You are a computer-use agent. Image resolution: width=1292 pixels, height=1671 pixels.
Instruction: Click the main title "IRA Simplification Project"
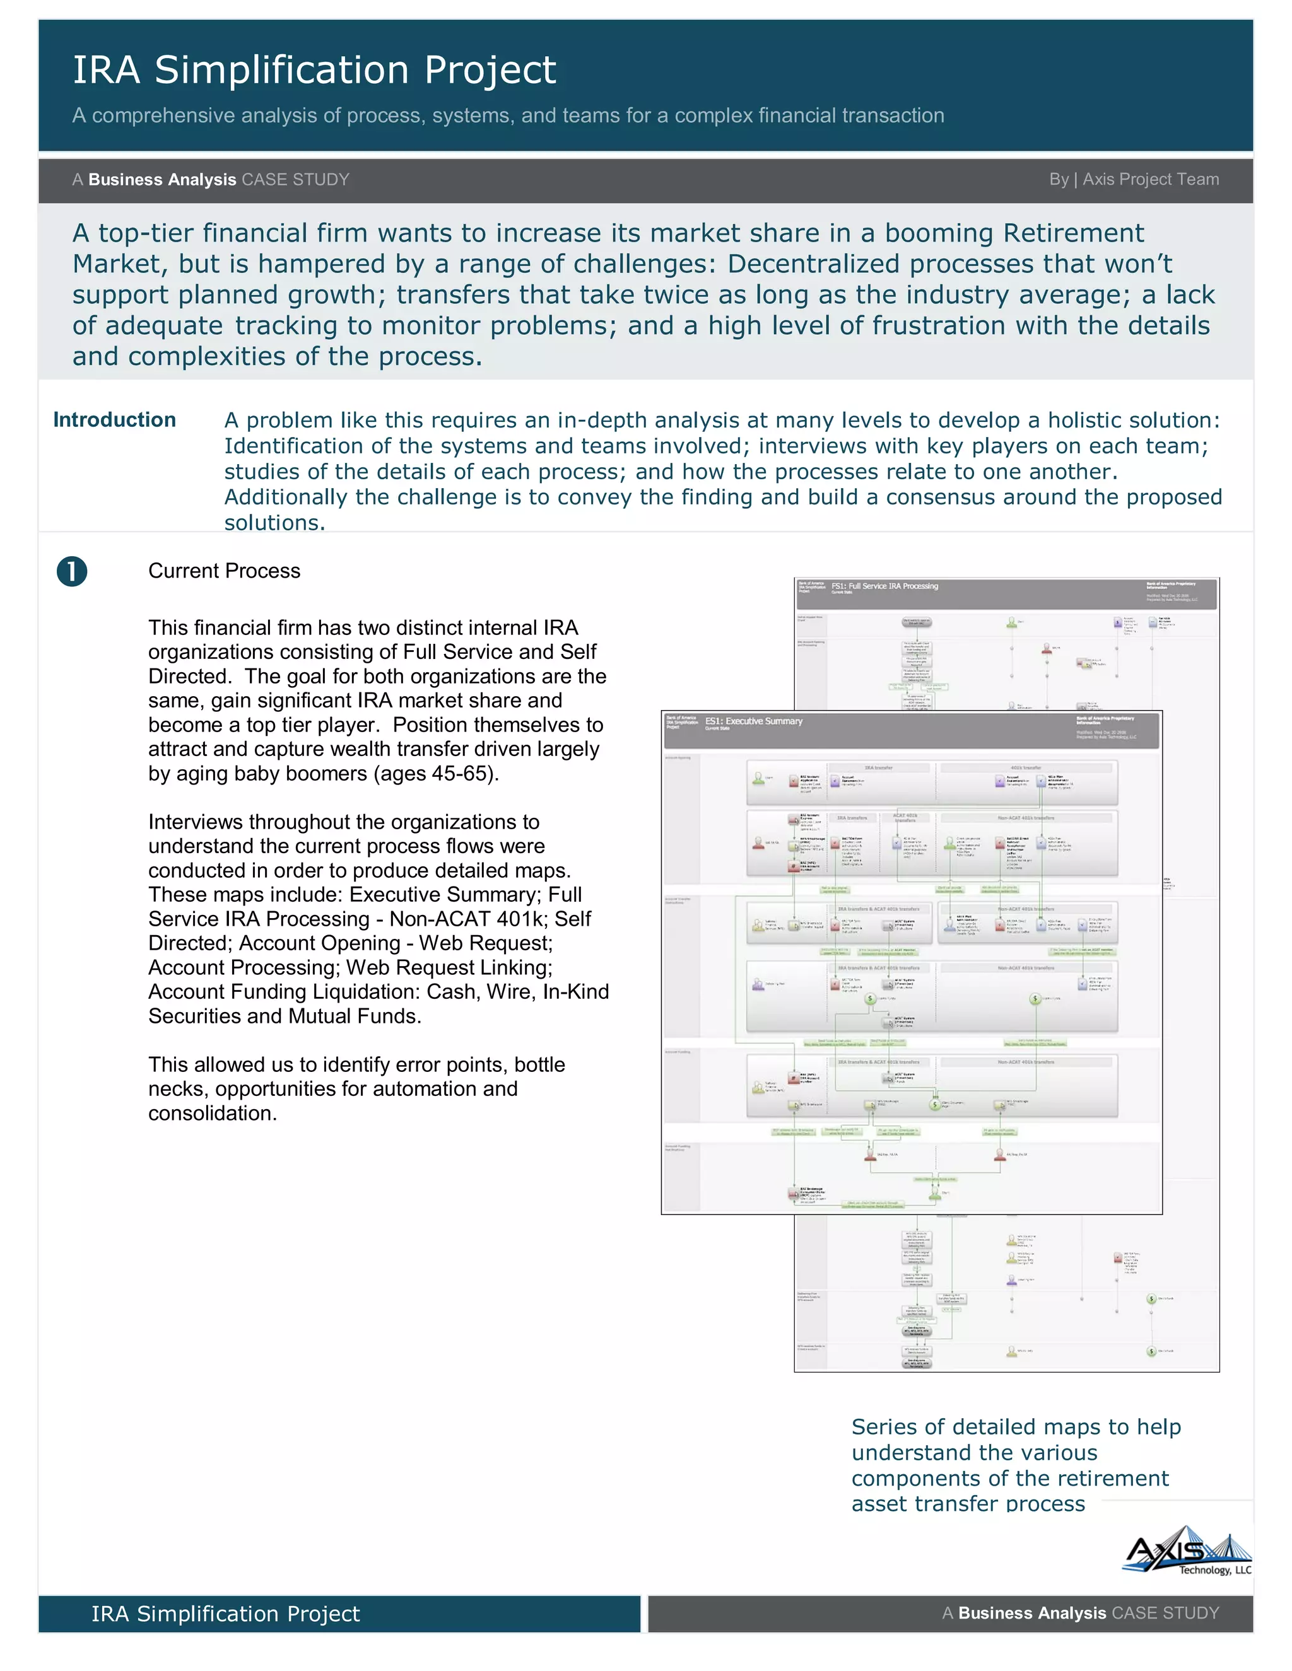tap(314, 71)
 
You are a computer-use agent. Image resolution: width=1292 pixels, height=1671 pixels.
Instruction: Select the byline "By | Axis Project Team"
tap(1134, 179)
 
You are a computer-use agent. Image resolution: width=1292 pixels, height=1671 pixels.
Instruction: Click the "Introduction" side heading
tap(114, 420)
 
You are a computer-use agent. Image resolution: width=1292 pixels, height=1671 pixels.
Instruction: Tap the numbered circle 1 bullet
tap(72, 571)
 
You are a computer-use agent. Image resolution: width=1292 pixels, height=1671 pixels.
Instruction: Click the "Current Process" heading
tap(224, 571)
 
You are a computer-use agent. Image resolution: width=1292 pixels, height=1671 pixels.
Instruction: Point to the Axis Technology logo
tap(1188, 1550)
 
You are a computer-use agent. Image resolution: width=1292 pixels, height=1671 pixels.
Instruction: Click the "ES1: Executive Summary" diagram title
tap(753, 721)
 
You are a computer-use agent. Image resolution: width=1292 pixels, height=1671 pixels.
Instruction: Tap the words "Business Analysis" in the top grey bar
tap(162, 180)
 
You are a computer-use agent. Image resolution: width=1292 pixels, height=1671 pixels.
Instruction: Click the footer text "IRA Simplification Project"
tap(225, 1614)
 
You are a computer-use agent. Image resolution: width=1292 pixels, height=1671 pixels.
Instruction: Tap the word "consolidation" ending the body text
tap(211, 1113)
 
